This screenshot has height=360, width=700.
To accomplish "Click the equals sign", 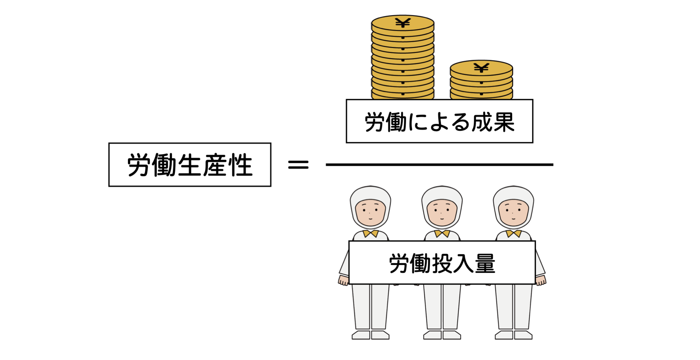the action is [x=298, y=165].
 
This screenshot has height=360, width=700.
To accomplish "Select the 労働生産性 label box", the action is [x=190, y=165].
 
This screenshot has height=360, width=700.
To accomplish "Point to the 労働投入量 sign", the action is [x=442, y=263].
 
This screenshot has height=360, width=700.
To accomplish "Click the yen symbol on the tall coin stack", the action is [x=403, y=23].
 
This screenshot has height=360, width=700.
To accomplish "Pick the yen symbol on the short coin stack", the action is [x=481, y=68].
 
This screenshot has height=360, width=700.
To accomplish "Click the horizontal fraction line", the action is [x=439, y=165].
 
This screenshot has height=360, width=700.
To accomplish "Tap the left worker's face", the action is [x=370, y=213].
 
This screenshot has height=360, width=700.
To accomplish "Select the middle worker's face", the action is [x=442, y=213].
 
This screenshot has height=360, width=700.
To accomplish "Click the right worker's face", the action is [x=513, y=213].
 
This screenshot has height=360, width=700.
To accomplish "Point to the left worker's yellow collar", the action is [x=370, y=234].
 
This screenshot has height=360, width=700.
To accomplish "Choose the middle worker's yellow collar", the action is [x=442, y=234].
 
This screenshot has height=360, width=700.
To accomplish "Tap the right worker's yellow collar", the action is [x=513, y=234].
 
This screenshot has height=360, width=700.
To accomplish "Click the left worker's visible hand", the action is [x=343, y=280].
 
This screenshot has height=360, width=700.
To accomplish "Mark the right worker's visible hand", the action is [x=541, y=280].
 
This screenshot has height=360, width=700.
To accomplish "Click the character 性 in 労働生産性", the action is [x=241, y=165].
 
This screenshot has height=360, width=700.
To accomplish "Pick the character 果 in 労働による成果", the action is [x=503, y=122].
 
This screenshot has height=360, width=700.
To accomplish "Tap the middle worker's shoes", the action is [x=442, y=335].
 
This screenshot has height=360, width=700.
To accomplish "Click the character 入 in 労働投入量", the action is [x=463, y=263].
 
